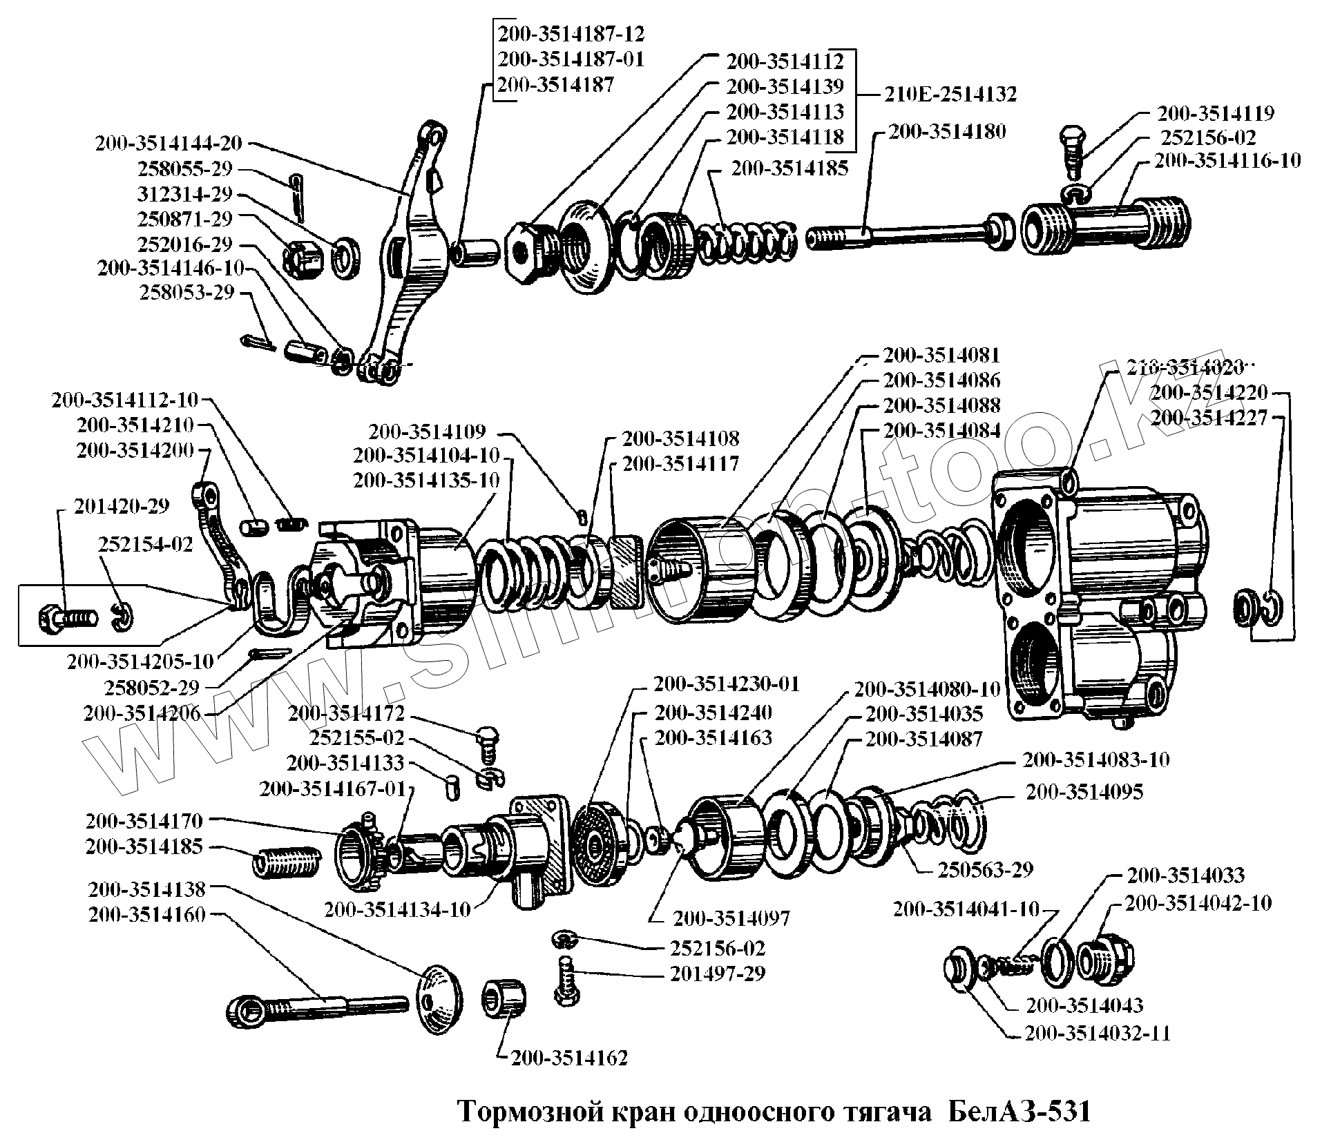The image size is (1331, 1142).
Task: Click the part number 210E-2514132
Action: (950, 94)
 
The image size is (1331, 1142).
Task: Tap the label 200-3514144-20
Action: (169, 144)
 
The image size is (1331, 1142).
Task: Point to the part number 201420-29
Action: (122, 506)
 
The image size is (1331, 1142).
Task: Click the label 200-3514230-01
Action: (726, 684)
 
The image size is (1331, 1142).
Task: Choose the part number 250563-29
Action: (985, 869)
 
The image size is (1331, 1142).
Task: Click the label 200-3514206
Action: (142, 713)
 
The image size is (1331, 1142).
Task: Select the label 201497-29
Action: (718, 974)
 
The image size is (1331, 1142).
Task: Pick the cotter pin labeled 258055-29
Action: (296, 196)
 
